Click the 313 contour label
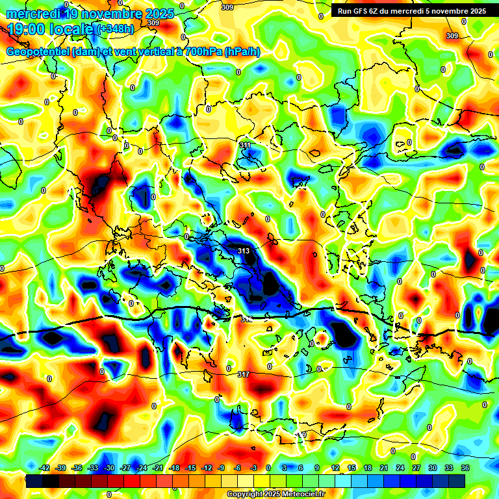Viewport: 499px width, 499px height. click(244, 251)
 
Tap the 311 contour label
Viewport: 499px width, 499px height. click(245, 145)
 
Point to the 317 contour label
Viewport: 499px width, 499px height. click(244, 374)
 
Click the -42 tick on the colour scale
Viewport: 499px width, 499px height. click(45, 468)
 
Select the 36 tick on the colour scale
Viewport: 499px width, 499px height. click(465, 468)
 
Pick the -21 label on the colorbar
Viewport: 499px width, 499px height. click(158, 468)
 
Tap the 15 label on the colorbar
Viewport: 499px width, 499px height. click(352, 468)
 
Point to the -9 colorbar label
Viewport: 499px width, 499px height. click(222, 468)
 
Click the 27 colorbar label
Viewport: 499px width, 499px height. click(416, 468)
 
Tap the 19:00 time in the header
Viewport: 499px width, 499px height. click(27, 29)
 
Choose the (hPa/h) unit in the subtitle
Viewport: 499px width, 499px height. click(242, 51)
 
